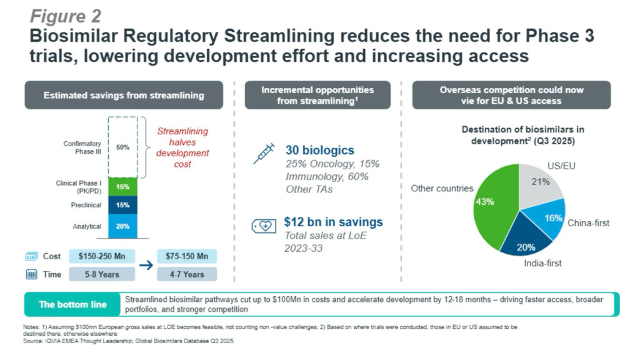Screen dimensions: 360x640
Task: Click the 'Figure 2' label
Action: click(66, 15)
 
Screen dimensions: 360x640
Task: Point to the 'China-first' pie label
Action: click(588, 223)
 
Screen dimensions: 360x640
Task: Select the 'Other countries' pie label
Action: click(442, 188)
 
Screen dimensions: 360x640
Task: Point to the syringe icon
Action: click(263, 153)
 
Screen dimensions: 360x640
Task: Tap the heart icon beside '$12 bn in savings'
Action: click(263, 226)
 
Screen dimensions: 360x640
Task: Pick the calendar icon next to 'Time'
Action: click(32, 274)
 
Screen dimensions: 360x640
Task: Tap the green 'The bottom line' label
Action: click(72, 304)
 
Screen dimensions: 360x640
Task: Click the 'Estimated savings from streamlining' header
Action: click(124, 95)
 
